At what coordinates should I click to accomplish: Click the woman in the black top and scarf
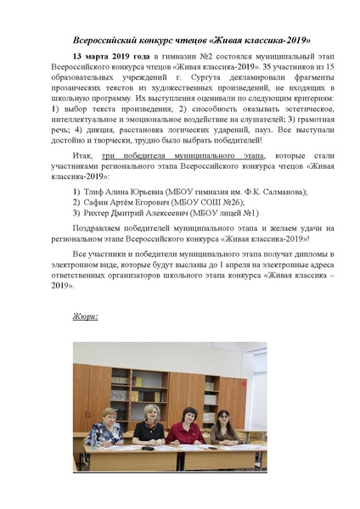(145, 424)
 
